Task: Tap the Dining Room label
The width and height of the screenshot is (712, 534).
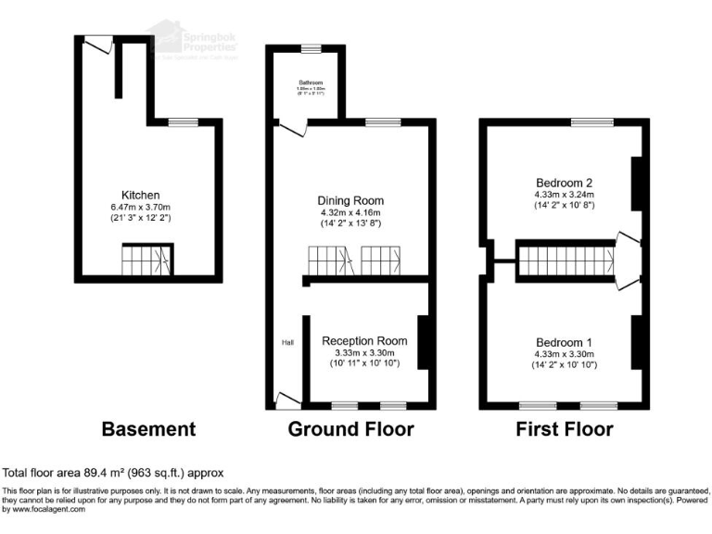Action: (350, 200)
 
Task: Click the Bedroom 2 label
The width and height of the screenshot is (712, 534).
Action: (564, 182)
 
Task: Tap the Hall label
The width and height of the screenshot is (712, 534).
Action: (287, 343)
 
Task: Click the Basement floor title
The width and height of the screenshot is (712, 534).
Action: (148, 429)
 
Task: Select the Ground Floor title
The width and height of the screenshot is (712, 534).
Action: (350, 429)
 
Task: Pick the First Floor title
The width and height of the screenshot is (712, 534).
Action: (565, 429)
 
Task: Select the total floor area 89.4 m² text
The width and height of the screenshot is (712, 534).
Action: (113, 473)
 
